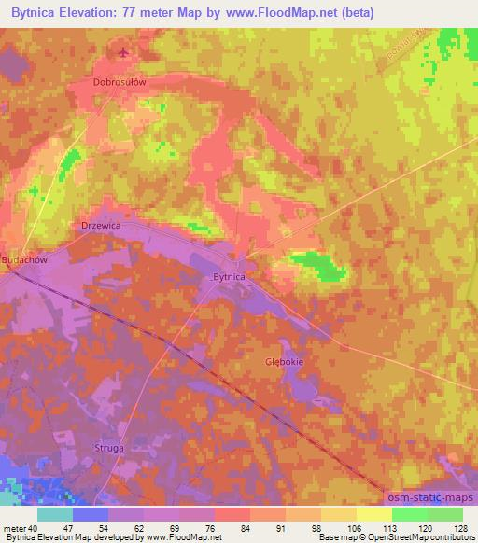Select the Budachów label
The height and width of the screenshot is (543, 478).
tap(24, 261)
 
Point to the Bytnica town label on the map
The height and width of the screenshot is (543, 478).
tap(229, 277)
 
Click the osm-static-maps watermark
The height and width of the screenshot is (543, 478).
tap(431, 498)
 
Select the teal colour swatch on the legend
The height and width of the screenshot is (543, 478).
tap(55, 514)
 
